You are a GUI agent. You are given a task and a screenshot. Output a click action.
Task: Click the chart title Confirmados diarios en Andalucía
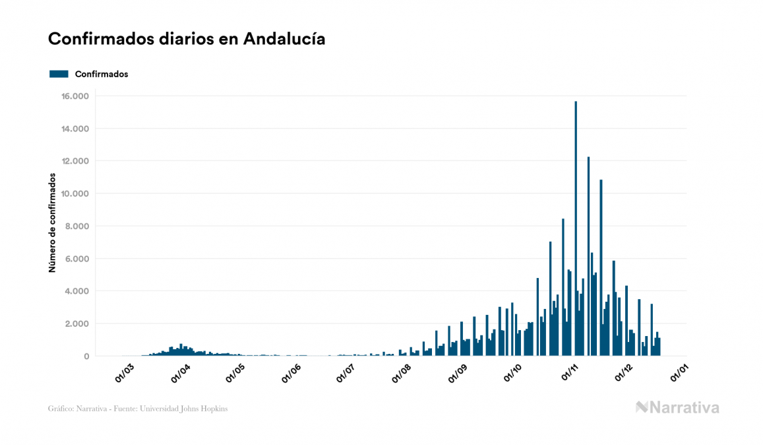(x=187, y=39)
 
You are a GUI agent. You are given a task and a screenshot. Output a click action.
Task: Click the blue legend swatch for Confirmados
(x=59, y=74)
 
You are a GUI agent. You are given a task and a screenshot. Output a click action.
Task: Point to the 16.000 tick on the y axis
(x=75, y=96)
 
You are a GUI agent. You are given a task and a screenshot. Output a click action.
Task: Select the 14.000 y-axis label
(x=75, y=129)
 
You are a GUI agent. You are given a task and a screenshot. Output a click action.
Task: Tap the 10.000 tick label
(x=75, y=193)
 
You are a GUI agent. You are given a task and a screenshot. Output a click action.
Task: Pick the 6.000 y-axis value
(x=76, y=259)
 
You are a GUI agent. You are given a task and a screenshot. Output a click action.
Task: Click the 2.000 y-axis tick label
(x=76, y=324)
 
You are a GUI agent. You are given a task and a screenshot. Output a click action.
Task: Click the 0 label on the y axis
(x=86, y=357)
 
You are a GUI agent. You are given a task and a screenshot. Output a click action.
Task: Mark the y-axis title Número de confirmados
(x=52, y=222)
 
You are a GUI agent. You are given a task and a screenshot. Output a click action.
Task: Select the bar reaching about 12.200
(x=588, y=257)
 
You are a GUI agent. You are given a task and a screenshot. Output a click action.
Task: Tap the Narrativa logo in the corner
(x=677, y=407)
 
